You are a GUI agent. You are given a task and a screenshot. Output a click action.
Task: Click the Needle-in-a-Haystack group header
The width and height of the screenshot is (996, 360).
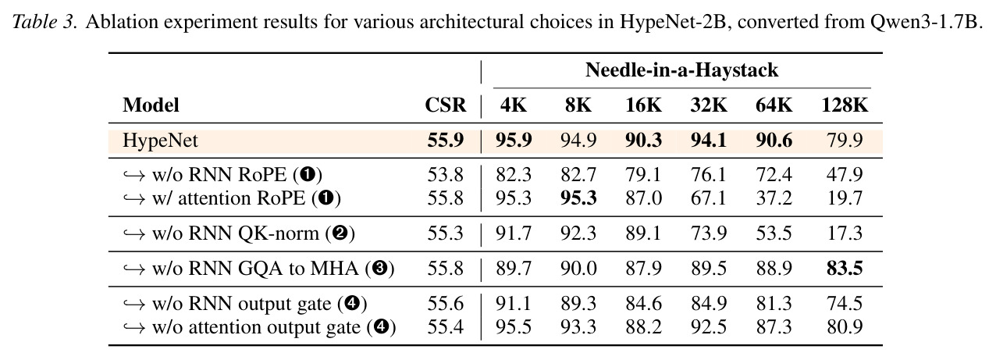click(x=681, y=70)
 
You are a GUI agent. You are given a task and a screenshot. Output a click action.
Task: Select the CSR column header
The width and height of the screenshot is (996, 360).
click(x=446, y=105)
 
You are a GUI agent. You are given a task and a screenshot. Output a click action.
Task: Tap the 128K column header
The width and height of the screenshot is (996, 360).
click(x=845, y=105)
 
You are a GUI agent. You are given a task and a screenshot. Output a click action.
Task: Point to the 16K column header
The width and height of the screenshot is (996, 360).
click(x=643, y=105)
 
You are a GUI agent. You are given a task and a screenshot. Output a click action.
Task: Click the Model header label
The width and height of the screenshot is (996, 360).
click(x=151, y=105)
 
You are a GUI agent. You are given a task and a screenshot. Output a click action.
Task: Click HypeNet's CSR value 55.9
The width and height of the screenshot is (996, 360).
click(x=446, y=141)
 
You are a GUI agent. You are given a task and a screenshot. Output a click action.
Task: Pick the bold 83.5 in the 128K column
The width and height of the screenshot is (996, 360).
click(x=845, y=269)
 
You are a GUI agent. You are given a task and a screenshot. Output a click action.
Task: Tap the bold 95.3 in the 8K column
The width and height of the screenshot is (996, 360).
click(x=578, y=198)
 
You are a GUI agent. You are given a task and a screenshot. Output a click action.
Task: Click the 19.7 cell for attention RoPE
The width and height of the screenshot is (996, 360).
click(x=845, y=198)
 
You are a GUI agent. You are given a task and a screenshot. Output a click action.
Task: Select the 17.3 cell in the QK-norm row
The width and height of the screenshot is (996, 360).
click(x=845, y=233)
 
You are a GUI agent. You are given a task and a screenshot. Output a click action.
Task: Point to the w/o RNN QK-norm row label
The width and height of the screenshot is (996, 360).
click(x=239, y=233)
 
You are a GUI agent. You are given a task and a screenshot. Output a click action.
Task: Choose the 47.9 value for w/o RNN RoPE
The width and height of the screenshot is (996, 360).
click(x=845, y=175)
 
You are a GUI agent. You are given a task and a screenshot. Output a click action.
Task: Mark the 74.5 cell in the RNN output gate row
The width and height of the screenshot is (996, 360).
click(x=845, y=304)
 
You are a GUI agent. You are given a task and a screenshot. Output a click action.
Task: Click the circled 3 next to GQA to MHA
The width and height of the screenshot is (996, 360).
click(x=379, y=269)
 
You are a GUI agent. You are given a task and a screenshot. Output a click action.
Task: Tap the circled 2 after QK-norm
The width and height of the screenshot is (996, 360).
click(x=340, y=233)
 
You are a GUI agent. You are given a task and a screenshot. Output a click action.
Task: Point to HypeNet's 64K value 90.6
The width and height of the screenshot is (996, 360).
click(x=774, y=141)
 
